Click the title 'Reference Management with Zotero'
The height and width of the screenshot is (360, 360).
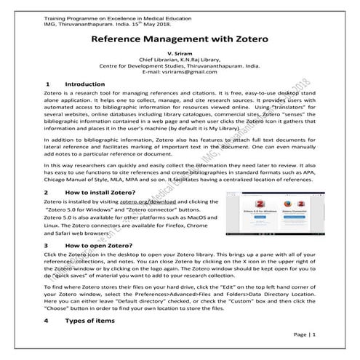click(179, 37)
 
